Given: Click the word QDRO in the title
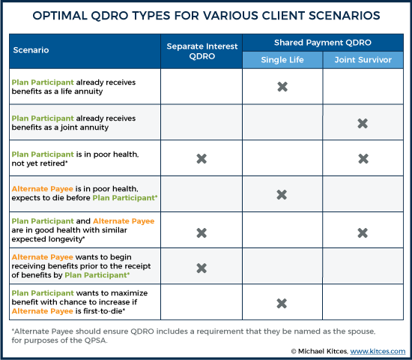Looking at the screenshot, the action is pyautogui.click(x=110, y=16).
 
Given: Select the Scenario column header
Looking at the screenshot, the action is pyautogui.click(x=31, y=50).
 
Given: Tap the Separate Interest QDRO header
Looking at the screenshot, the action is pyautogui.click(x=202, y=51).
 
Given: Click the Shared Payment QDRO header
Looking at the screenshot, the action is pyautogui.click(x=323, y=43).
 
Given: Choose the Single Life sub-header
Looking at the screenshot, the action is pyautogui.click(x=282, y=60).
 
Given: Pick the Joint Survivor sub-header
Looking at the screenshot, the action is pyautogui.click(x=363, y=60).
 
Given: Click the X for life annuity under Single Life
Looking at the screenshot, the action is pyautogui.click(x=282, y=86).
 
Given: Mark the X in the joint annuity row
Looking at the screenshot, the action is pyautogui.click(x=363, y=123).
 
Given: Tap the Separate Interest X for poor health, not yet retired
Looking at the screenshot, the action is pyautogui.click(x=202, y=159).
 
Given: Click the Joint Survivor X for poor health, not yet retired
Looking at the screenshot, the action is pyautogui.click(x=363, y=159).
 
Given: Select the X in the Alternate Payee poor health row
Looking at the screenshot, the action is pyautogui.click(x=282, y=195).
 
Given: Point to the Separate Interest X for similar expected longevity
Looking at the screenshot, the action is pyautogui.click(x=202, y=233).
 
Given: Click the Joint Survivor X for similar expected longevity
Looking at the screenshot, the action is pyautogui.click(x=363, y=233).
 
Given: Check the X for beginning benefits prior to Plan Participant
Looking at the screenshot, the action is pyautogui.click(x=202, y=268).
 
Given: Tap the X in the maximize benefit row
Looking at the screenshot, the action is pyautogui.click(x=282, y=304).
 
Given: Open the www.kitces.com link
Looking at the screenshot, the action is pyautogui.click(x=378, y=351).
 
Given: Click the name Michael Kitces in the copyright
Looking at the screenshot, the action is pyautogui.click(x=323, y=351).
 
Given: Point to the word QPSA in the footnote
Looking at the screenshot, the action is pyautogui.click(x=95, y=340).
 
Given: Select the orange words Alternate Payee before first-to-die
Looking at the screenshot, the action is pyautogui.click(x=42, y=311).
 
